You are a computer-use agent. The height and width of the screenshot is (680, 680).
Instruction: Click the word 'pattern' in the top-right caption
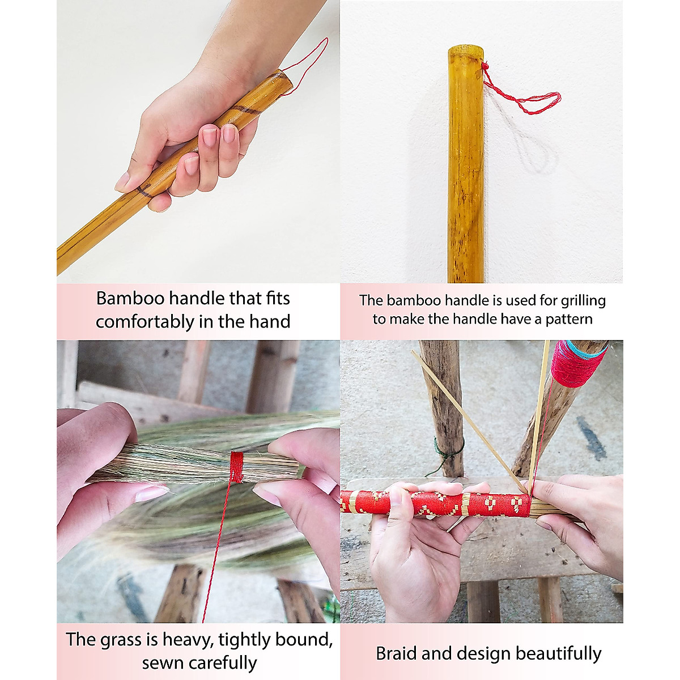point(569,320)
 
